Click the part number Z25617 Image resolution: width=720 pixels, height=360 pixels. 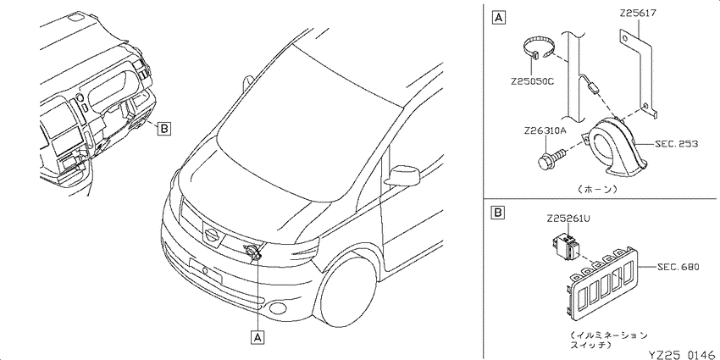point(637,14)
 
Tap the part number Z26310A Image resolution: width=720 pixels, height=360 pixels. point(545,130)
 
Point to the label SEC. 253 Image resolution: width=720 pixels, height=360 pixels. point(677,144)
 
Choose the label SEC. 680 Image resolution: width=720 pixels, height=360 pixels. point(678,267)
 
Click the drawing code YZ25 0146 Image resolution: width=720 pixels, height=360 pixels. point(684,355)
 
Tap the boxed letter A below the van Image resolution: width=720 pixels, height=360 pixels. point(258,337)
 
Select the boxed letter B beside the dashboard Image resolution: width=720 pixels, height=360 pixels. point(163,129)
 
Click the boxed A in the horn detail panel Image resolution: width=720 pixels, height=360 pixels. point(498,19)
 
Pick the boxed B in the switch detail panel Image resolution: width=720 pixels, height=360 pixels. point(498,213)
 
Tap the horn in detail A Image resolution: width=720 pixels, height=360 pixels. point(614,146)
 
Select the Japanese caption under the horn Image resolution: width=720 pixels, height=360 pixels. point(597,188)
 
